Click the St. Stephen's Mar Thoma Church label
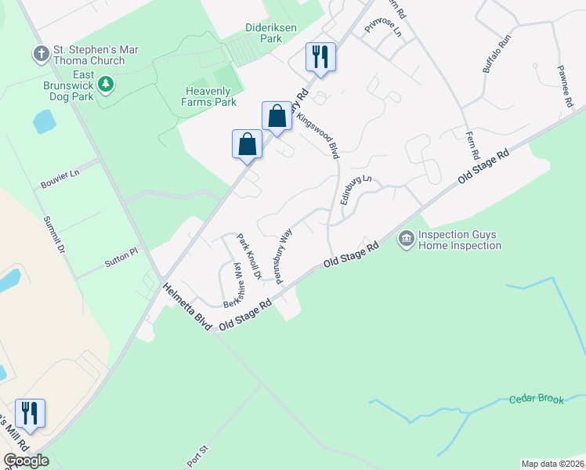(96, 55)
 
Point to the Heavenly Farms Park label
(208, 96)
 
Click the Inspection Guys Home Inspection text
(459, 240)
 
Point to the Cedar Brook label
(536, 399)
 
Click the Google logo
(26, 461)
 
